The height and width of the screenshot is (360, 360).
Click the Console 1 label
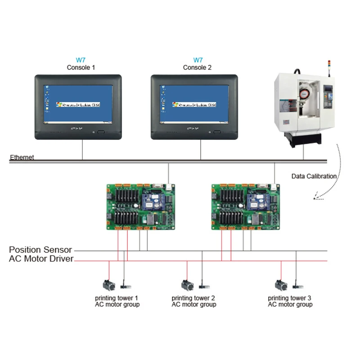tap(81, 67)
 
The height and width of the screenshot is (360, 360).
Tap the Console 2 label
tap(197, 67)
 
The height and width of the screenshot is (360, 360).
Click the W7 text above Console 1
tap(81, 60)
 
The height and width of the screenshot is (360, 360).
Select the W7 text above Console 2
tap(198, 60)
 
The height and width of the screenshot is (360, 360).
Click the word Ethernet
tap(22, 157)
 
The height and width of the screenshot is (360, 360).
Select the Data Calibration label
tap(314, 176)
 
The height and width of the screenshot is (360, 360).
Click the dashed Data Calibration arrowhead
tap(316, 197)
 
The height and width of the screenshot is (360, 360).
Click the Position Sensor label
tap(40, 250)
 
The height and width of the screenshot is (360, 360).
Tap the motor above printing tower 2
tap(186, 285)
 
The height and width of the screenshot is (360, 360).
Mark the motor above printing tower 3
tap(281, 285)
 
